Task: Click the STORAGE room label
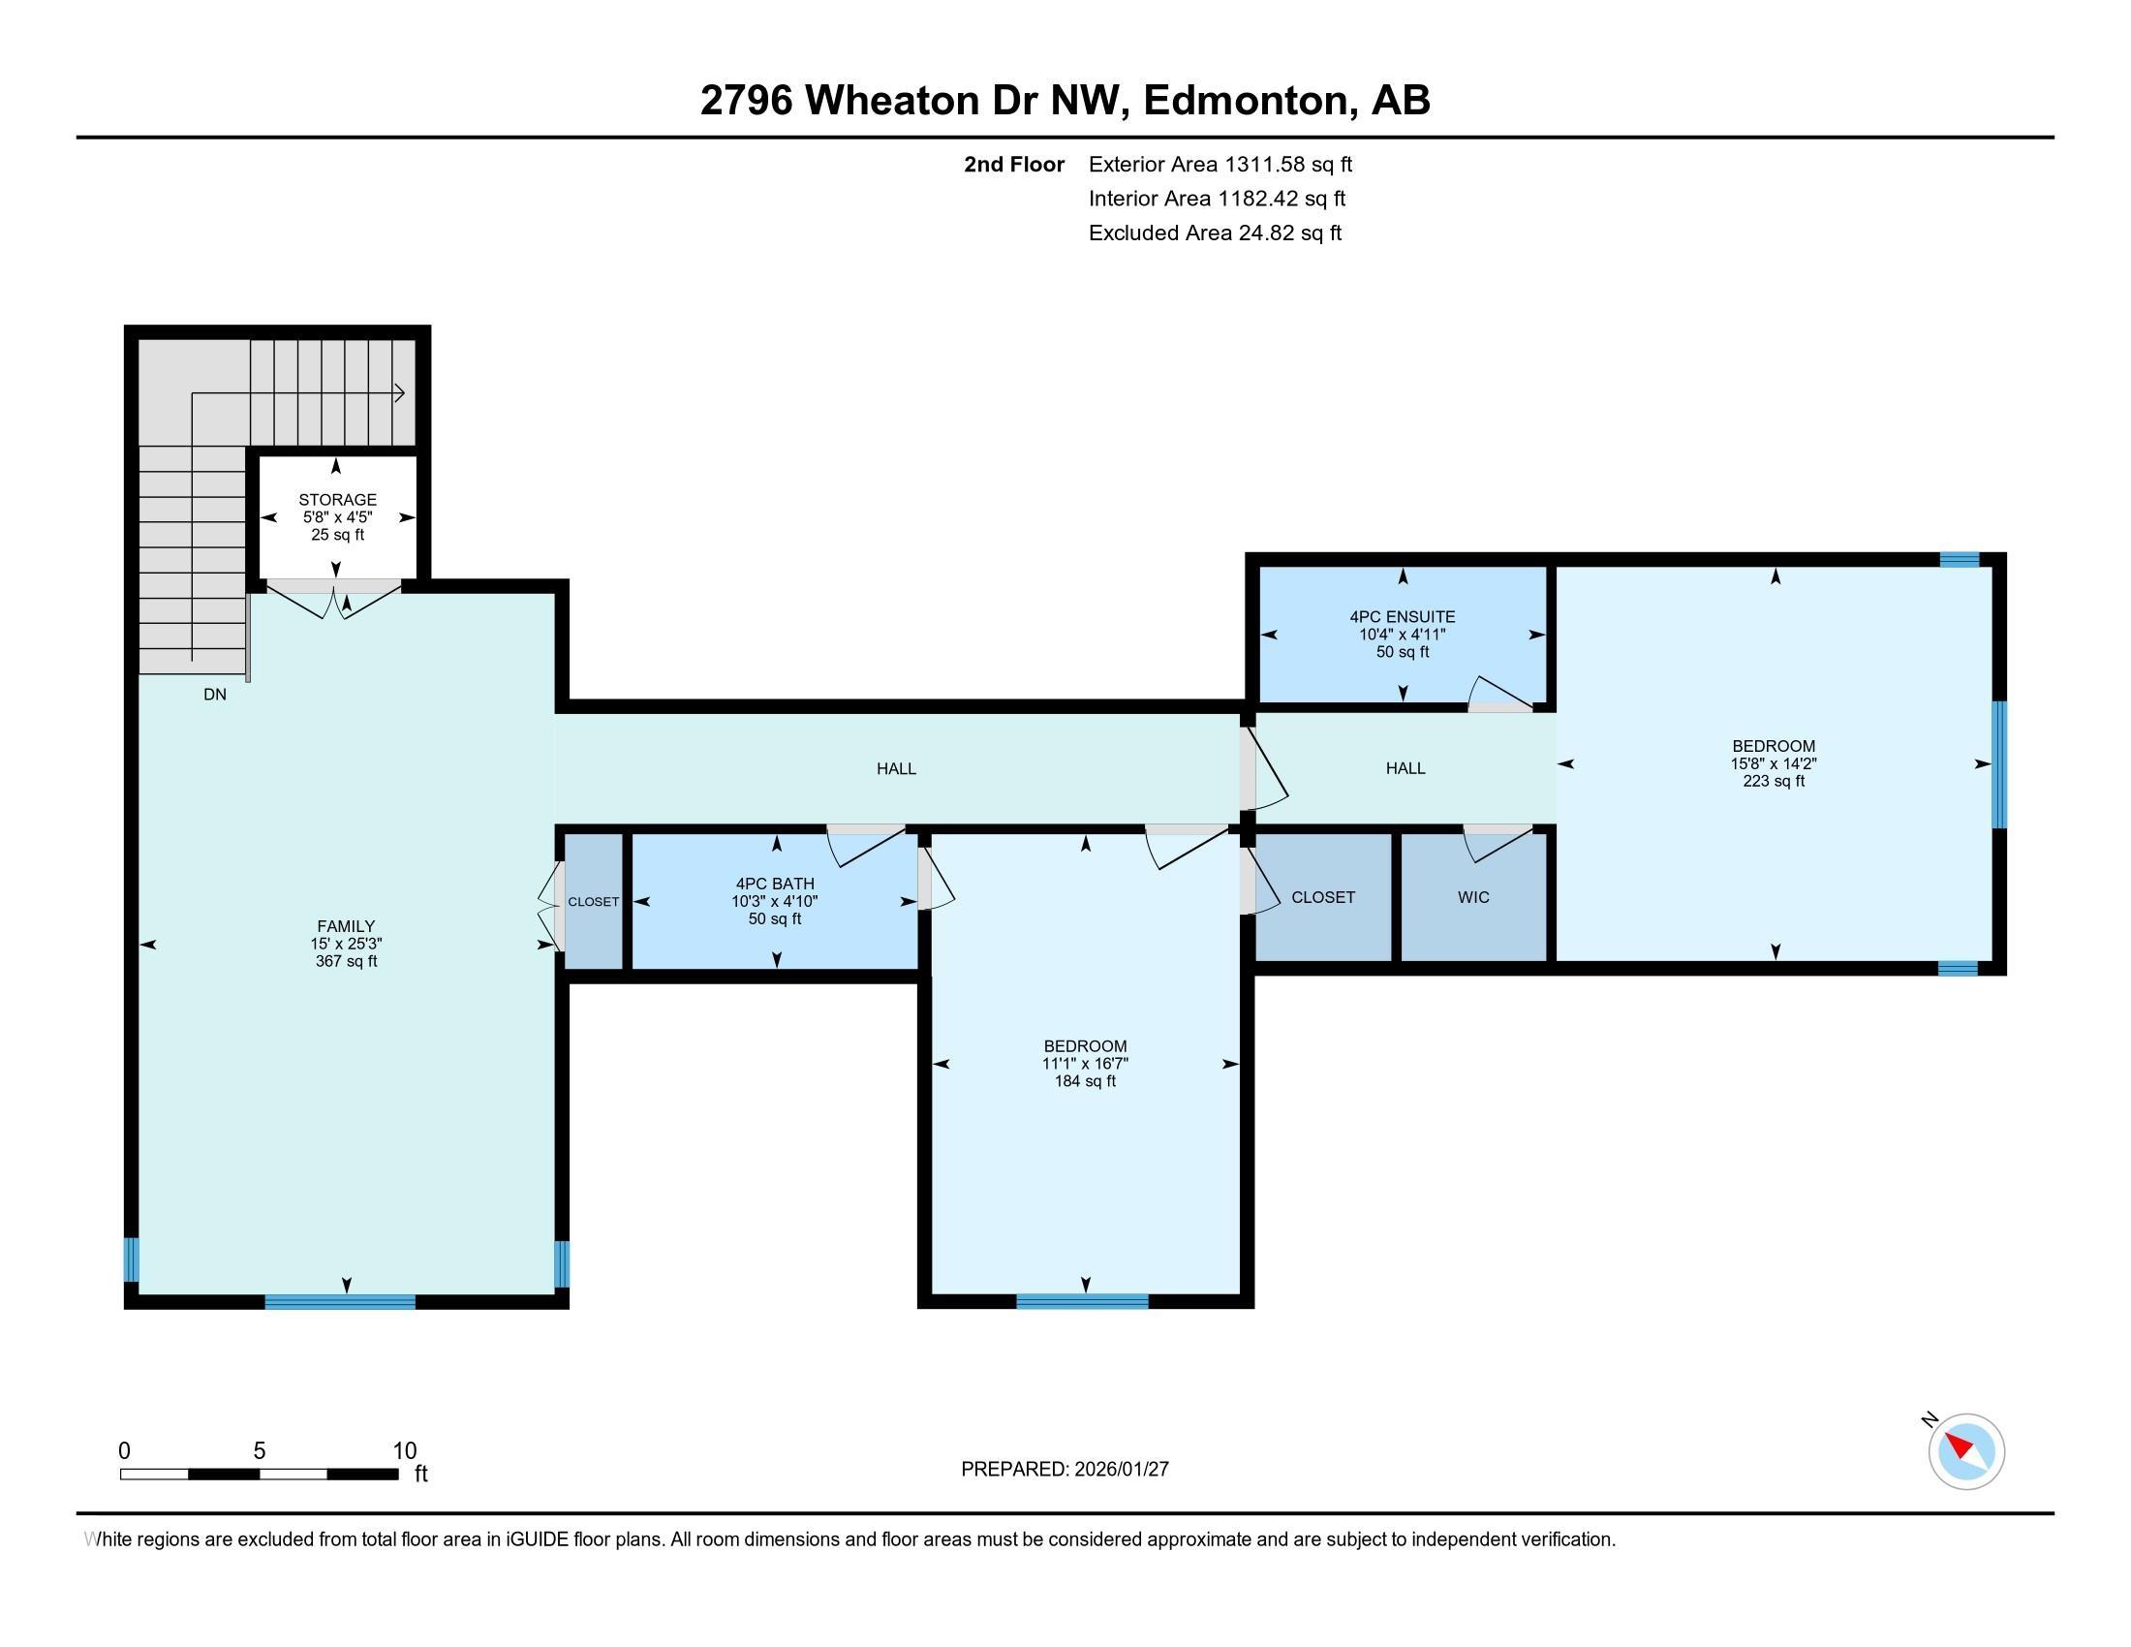click(338, 500)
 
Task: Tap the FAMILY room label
click(346, 926)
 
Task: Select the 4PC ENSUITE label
click(1403, 616)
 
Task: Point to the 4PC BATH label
click(775, 884)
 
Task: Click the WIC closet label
click(1473, 897)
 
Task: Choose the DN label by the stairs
click(215, 695)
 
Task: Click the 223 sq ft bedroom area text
click(1774, 781)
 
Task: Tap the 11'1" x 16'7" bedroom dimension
click(1085, 1064)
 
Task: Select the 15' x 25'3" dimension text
click(346, 944)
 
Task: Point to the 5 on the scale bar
click(260, 1450)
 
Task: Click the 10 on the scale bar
click(404, 1450)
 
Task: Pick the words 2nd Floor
click(1014, 164)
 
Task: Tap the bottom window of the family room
click(341, 1300)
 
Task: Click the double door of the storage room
click(335, 599)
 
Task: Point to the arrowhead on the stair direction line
click(399, 393)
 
